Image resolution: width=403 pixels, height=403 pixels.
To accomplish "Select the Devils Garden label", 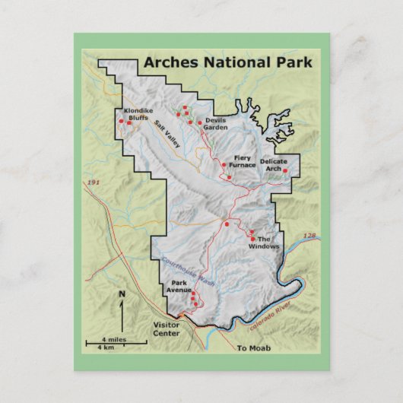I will [214, 124].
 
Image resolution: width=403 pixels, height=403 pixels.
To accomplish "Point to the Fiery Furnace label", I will [244, 161].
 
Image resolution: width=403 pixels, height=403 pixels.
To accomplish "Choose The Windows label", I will [269, 243].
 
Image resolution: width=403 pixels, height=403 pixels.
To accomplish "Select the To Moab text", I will [248, 347].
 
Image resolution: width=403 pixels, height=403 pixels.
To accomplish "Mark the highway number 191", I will [94, 183].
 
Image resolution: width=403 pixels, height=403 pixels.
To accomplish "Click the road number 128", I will [309, 236].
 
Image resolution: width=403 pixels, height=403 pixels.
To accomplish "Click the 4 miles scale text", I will [114, 340].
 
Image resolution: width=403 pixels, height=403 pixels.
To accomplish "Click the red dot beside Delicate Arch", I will [285, 170].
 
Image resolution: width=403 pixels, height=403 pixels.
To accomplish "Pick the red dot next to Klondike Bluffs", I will [122, 120].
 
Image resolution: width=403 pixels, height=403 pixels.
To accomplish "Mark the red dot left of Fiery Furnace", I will [223, 164].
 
